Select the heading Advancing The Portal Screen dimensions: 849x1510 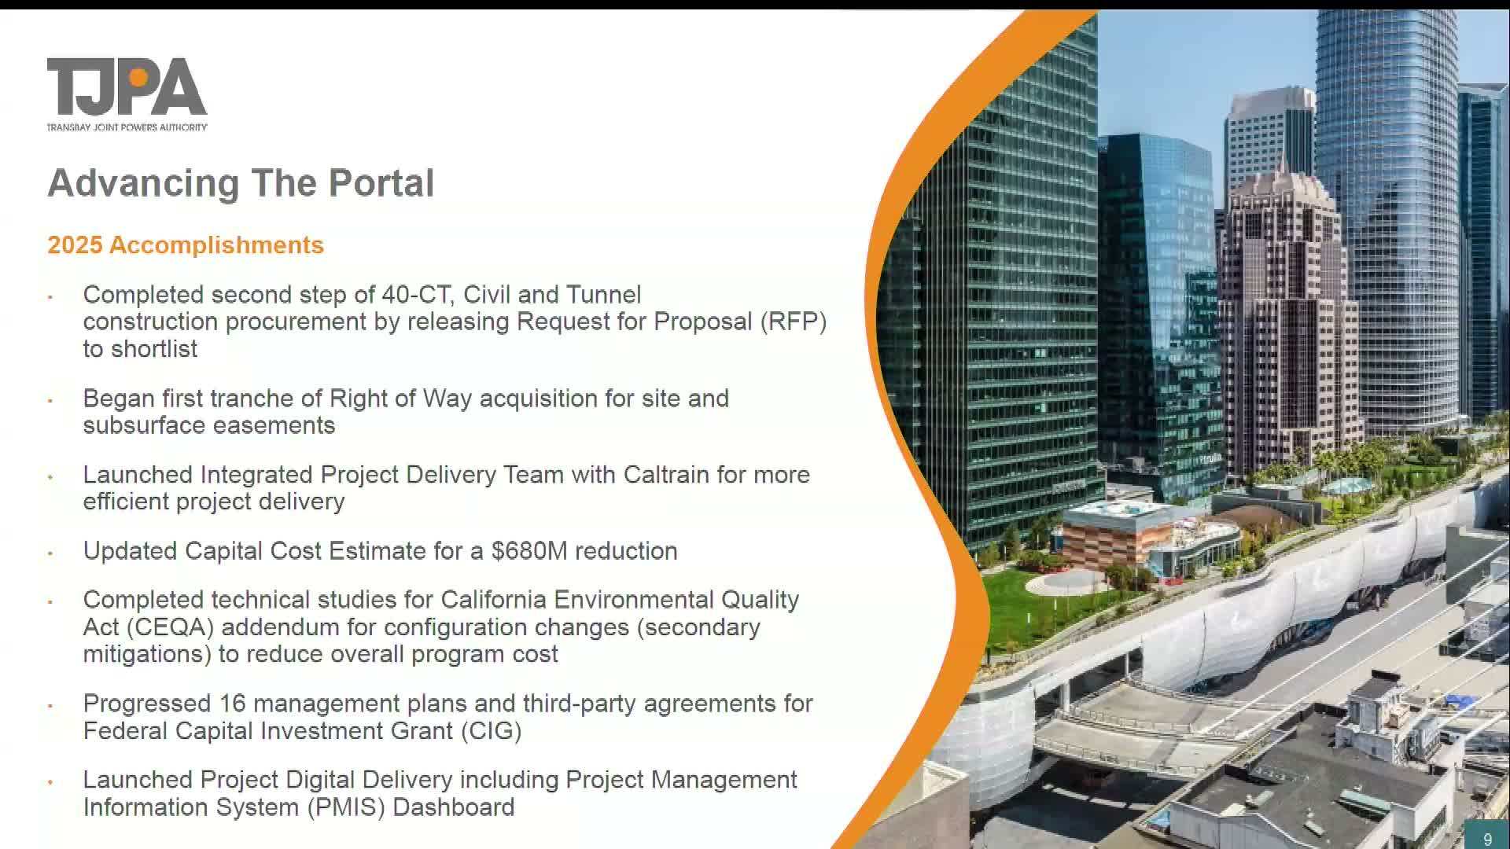(241, 183)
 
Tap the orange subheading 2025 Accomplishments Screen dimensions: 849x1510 (186, 245)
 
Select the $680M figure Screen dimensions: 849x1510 (528, 551)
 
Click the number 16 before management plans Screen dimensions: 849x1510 (233, 704)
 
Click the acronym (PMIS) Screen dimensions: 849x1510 (346, 807)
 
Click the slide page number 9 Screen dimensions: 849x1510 (1487, 839)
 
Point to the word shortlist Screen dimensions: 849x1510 (154, 349)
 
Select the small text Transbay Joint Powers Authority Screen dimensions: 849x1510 (127, 127)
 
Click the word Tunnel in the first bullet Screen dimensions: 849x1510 (603, 295)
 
